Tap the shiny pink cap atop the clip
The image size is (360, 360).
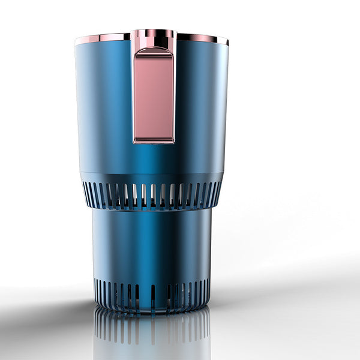pyautogui.click(x=154, y=35)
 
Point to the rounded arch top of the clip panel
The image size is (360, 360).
pyautogui.click(x=154, y=52)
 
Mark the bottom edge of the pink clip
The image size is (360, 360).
pyautogui.click(x=154, y=142)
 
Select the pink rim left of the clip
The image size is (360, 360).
pyautogui.click(x=102, y=38)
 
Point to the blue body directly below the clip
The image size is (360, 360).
pyautogui.click(x=154, y=159)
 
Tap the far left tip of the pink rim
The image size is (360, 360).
pyautogui.click(x=76, y=42)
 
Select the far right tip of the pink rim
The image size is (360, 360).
pyautogui.click(x=227, y=42)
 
